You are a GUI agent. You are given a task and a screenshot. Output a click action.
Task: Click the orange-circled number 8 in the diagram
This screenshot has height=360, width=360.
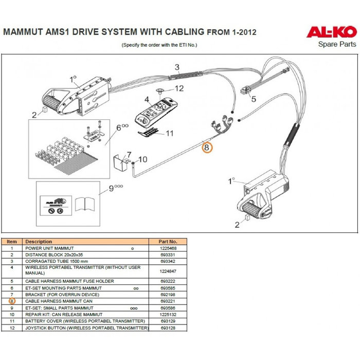tap(206, 148)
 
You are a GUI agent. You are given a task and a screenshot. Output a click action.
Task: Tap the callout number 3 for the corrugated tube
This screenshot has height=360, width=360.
tap(176, 67)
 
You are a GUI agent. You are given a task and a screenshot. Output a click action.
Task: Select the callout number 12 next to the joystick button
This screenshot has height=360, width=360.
tap(179, 88)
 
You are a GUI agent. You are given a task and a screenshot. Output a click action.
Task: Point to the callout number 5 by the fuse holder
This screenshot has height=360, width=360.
tap(253, 99)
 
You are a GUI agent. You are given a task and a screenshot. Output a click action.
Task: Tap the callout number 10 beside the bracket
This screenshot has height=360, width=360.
tap(143, 159)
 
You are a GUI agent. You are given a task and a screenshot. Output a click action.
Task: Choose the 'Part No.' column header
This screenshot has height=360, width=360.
tap(168, 241)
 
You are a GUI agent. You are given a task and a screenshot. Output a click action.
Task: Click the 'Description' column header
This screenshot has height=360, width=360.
tap(39, 241)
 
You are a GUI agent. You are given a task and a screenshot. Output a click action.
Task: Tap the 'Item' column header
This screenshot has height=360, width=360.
tap(12, 241)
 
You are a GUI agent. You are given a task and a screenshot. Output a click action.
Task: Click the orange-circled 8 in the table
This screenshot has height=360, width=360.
tap(12, 301)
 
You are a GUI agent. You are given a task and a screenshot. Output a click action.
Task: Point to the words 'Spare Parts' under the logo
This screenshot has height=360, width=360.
tap(337, 45)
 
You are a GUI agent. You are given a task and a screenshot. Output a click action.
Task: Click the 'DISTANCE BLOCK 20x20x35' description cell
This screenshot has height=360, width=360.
tap(55, 255)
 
